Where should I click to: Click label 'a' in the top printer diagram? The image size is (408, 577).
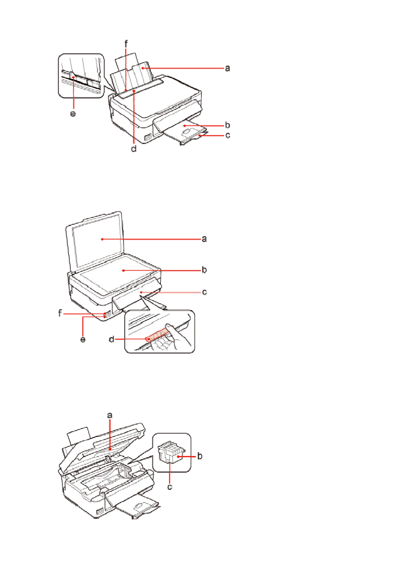(227, 68)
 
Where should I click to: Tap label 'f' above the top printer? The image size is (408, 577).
(126, 44)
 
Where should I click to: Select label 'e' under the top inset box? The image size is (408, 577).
(73, 113)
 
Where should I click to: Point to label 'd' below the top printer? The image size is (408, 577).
(134, 148)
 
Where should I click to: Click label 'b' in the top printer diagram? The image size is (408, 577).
(227, 125)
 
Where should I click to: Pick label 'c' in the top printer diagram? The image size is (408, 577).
(227, 135)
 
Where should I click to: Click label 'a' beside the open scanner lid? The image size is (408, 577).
(204, 239)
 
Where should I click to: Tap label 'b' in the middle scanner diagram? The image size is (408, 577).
(204, 270)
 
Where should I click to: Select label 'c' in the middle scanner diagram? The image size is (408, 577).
(204, 292)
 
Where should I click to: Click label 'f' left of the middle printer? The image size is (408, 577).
(60, 313)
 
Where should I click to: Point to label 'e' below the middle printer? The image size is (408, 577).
(83, 339)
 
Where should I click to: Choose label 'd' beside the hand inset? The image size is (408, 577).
(111, 339)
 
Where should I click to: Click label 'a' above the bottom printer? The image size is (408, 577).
(110, 415)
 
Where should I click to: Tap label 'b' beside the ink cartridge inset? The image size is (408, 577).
(200, 456)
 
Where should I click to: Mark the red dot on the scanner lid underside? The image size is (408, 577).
(102, 239)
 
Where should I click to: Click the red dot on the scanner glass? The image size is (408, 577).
(123, 271)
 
